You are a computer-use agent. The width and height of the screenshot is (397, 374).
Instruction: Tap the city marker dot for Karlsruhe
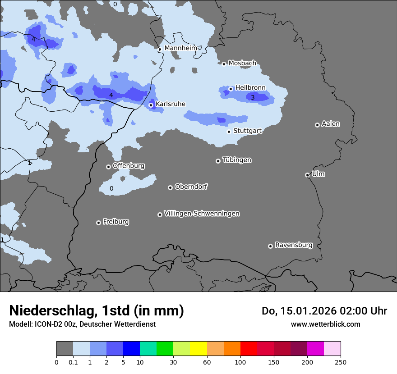click(x=151, y=105)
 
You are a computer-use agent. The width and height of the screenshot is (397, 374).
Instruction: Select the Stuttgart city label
click(x=247, y=131)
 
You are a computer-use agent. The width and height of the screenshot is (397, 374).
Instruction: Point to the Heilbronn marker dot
click(x=231, y=89)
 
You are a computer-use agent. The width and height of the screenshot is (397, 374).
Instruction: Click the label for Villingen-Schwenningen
click(x=202, y=213)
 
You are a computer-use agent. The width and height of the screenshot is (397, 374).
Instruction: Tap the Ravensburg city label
click(x=293, y=245)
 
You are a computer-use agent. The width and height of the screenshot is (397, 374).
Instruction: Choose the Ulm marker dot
click(x=307, y=175)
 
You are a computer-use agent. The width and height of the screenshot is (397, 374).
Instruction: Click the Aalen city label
click(x=331, y=123)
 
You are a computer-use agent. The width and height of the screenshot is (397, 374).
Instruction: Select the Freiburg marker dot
click(x=98, y=223)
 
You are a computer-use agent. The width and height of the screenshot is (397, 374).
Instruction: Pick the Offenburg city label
click(x=128, y=165)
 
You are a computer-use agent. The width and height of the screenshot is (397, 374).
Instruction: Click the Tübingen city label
click(x=236, y=160)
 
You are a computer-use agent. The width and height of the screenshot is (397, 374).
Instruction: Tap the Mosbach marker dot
click(x=224, y=64)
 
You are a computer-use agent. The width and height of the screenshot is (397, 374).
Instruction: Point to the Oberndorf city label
click(x=191, y=187)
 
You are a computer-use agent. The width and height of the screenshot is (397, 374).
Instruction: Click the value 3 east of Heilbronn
click(x=253, y=97)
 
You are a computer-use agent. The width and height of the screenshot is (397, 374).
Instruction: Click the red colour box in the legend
click(x=249, y=349)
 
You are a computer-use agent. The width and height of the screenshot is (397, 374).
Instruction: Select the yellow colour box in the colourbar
click(x=198, y=349)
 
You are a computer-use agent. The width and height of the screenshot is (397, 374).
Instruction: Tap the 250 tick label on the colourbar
click(x=341, y=362)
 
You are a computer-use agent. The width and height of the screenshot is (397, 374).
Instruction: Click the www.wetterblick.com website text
click(x=325, y=324)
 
